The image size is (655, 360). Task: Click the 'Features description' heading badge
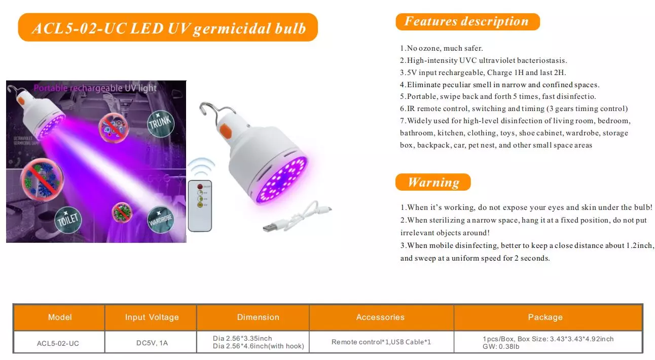(467, 22)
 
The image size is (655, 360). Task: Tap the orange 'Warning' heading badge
(433, 182)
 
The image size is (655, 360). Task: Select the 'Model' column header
(59, 317)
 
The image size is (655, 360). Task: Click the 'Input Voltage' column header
(152, 317)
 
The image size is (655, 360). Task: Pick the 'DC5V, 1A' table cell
(152, 343)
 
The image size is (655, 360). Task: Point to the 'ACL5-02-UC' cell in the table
(58, 343)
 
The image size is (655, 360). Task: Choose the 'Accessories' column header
(380, 317)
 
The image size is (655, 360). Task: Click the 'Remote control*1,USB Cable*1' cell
(381, 342)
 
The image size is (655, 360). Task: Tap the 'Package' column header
(545, 317)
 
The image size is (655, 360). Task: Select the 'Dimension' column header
(258, 317)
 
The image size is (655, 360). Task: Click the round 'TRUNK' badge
(160, 124)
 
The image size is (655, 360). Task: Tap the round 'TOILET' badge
(68, 220)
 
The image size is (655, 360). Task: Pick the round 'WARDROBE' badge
(160, 220)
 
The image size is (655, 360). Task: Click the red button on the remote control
(200, 187)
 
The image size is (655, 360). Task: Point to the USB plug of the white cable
(270, 227)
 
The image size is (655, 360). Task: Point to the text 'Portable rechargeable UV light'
(95, 88)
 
